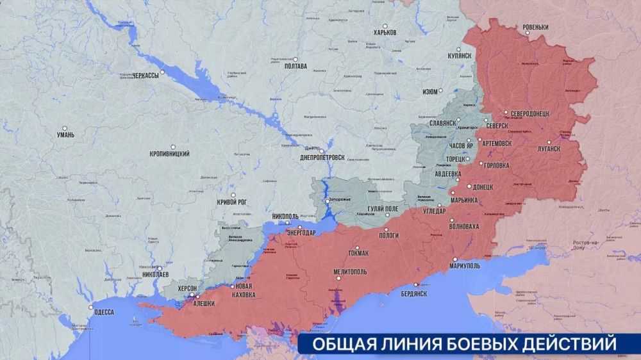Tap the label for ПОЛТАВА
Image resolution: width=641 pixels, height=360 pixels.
click(295, 66)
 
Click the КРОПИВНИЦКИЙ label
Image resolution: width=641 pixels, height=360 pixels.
click(169, 154)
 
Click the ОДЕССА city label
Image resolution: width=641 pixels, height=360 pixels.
click(104, 312)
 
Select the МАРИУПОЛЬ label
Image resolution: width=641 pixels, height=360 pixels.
click(467, 265)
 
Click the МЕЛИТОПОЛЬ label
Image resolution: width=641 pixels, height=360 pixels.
click(350, 272)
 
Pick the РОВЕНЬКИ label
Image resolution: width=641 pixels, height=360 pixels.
click(535, 27)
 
